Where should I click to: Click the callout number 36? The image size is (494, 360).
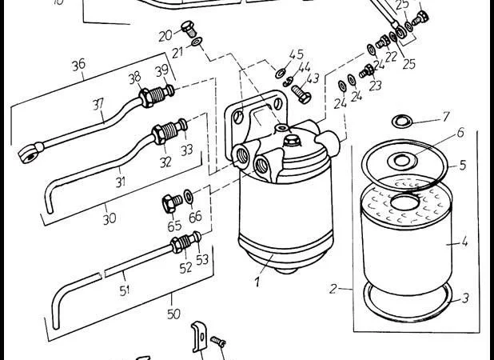[x=78, y=65]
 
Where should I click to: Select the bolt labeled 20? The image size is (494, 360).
[x=189, y=28]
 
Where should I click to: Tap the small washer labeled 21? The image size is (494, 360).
[x=197, y=42]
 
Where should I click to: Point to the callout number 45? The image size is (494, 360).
[x=297, y=54]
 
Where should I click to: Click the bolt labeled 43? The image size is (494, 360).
[x=301, y=94]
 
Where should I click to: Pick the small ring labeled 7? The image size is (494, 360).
[x=402, y=121]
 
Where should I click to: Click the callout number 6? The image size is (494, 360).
[x=460, y=132]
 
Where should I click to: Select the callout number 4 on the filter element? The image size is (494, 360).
[x=464, y=242]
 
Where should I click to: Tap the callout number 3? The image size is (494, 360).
[x=465, y=298]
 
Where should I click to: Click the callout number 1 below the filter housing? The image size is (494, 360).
[x=257, y=282]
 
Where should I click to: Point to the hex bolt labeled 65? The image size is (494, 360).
[x=172, y=202]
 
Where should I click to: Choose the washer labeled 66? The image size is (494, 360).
[x=189, y=196]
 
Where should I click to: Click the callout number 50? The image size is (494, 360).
[x=173, y=314]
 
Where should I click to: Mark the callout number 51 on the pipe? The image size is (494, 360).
[x=125, y=290]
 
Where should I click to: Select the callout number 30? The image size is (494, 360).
[x=110, y=218]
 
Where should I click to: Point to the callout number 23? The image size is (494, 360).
[x=375, y=86]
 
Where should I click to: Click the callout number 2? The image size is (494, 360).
[x=333, y=289]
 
